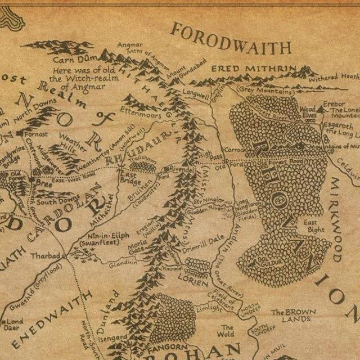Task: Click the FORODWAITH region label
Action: (x=231, y=38)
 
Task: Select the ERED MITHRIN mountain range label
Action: (x=254, y=69)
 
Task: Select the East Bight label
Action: (x=314, y=226)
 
